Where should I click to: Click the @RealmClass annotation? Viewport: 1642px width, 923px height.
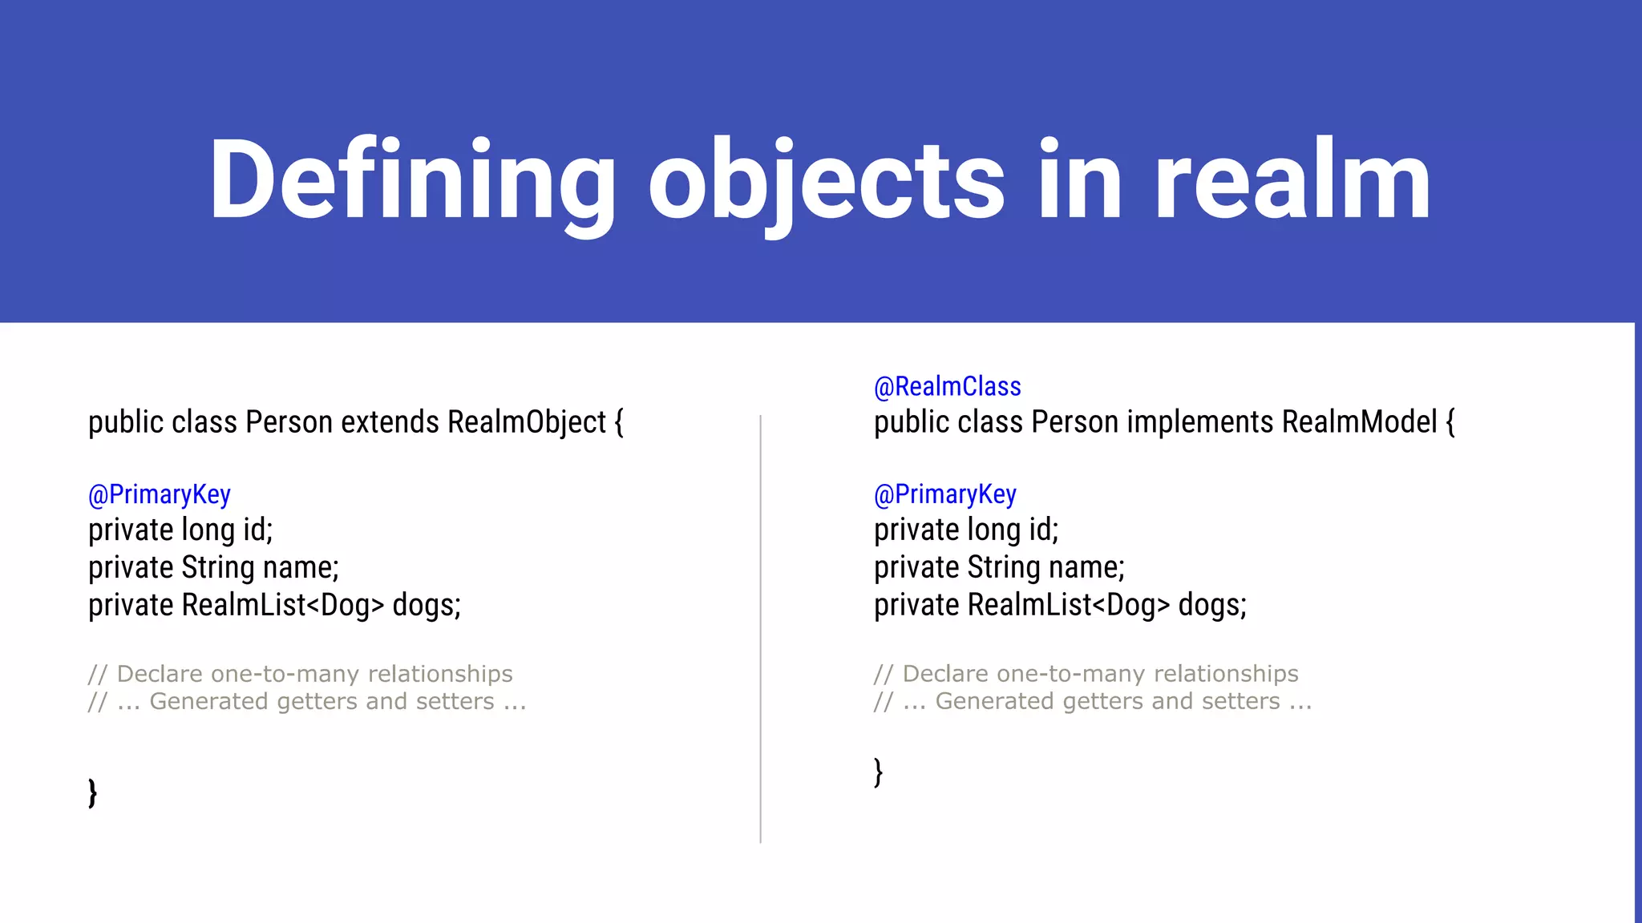[947, 387]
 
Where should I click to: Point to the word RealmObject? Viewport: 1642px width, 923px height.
[527, 422]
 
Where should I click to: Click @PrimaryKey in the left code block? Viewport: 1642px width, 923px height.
[160, 494]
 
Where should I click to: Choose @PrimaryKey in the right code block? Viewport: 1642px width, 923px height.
[945, 494]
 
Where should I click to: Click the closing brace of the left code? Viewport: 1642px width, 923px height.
[93, 792]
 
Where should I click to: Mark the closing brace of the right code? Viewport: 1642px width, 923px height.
[879, 772]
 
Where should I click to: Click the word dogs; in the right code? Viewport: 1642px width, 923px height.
[1212, 605]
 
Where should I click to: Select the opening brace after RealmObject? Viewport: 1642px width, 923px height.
[619, 422]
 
